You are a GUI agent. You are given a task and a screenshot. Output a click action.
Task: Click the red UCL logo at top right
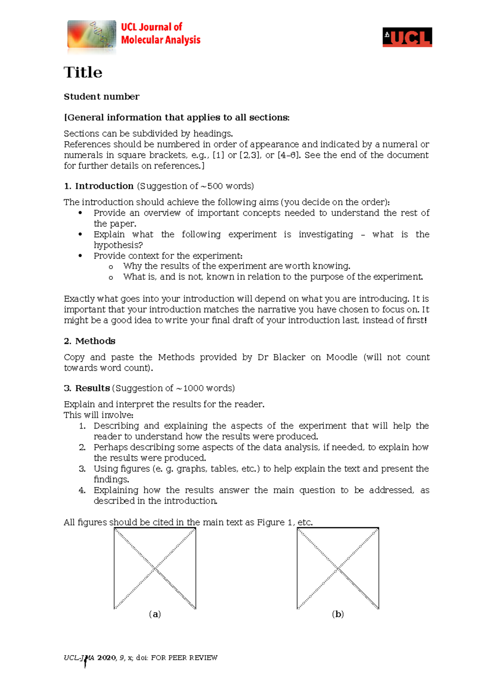coord(407,37)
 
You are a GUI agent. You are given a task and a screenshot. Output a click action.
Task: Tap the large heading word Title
coord(83,72)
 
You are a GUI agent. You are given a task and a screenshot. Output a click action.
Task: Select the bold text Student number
coord(101,97)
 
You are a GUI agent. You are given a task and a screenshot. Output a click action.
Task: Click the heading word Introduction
coord(104,186)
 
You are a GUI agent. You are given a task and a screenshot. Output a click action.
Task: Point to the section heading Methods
coord(95,341)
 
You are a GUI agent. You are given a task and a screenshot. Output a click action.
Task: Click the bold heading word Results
coord(92,388)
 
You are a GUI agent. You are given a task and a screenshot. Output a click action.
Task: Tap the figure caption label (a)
coord(155,614)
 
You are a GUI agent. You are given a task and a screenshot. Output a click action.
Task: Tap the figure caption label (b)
coord(338,614)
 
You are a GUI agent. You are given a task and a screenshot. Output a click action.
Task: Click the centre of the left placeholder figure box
coord(155,568)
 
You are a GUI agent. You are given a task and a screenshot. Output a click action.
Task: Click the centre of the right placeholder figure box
coord(338,568)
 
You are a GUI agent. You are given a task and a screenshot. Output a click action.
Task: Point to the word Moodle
coord(341,357)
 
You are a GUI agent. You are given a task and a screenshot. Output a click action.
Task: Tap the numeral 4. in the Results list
coord(82,490)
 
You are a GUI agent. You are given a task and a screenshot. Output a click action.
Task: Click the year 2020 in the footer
coord(106,658)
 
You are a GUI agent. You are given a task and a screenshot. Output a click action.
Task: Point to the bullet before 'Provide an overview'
coord(81,213)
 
